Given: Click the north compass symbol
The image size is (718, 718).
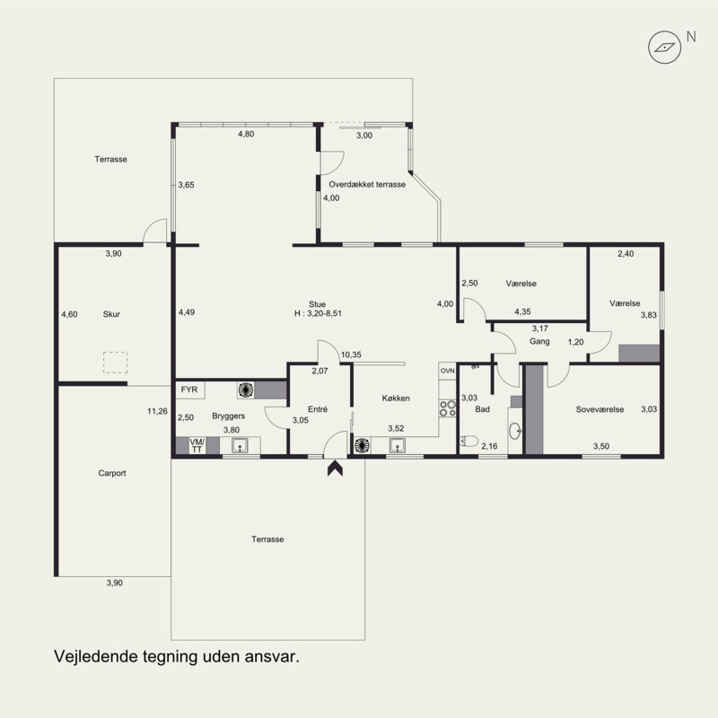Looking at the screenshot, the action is pyautogui.click(x=664, y=48).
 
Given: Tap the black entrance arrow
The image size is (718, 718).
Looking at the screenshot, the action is pyautogui.click(x=335, y=468).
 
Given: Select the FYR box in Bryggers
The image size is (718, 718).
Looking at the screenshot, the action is pyautogui.click(x=189, y=390).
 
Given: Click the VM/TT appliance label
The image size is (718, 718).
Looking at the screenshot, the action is pyautogui.click(x=197, y=445).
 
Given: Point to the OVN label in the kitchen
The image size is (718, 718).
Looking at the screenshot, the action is pyautogui.click(x=447, y=371).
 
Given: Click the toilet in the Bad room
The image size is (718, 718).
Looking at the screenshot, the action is pyautogui.click(x=468, y=441).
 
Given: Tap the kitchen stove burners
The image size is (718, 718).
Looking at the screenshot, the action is pyautogui.click(x=447, y=408).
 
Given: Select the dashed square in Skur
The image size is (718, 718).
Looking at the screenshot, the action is pyautogui.click(x=115, y=363).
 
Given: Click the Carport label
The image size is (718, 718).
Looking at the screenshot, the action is pyautogui.click(x=112, y=473).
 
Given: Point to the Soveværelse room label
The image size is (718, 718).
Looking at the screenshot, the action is pyautogui.click(x=600, y=409).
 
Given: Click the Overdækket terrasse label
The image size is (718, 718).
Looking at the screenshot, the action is pyautogui.click(x=367, y=184).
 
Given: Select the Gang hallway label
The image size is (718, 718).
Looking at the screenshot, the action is pyautogui.click(x=539, y=341).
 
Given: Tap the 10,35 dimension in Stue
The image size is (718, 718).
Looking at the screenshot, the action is pyautogui.click(x=351, y=355).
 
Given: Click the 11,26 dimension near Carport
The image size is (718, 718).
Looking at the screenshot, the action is pyautogui.click(x=157, y=411).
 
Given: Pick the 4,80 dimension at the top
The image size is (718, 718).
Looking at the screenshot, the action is pyautogui.click(x=246, y=134).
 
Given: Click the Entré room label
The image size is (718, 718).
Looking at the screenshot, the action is pyautogui.click(x=318, y=409).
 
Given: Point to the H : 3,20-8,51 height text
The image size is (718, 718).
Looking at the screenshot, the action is pyautogui.click(x=318, y=313).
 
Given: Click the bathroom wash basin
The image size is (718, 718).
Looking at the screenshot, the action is pyautogui.click(x=515, y=431).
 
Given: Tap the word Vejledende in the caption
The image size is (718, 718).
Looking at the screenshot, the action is pyautogui.click(x=96, y=656).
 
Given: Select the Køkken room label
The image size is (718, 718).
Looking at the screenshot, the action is pyautogui.click(x=396, y=398).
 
